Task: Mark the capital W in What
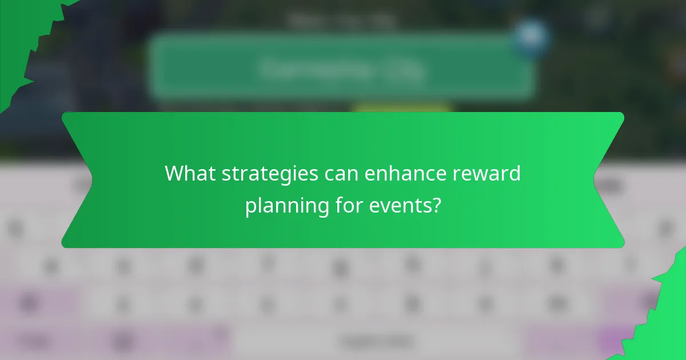[x=174, y=173]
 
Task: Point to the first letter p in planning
[x=250, y=207]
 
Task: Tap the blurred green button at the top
[x=342, y=67]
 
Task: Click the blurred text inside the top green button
[x=342, y=70]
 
